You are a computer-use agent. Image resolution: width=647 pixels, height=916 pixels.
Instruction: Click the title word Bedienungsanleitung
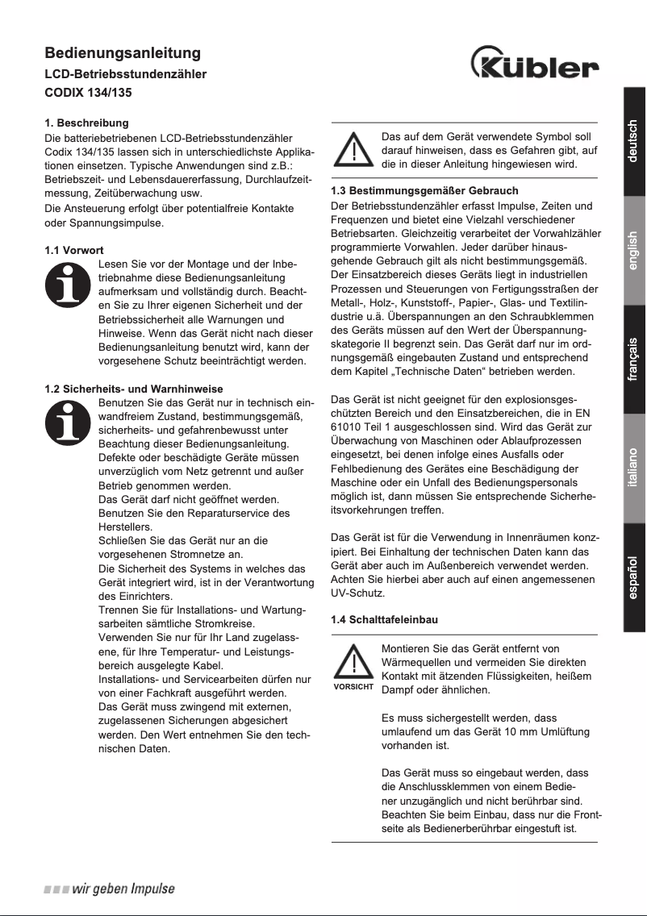(x=122, y=54)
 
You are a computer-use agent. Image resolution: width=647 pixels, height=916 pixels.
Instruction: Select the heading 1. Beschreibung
(x=86, y=123)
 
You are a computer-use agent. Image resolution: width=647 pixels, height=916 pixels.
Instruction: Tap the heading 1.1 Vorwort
(x=74, y=251)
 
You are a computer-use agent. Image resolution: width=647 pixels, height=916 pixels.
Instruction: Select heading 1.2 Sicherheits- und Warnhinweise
(x=133, y=389)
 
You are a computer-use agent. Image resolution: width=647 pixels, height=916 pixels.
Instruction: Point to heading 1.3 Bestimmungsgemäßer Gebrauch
(x=424, y=191)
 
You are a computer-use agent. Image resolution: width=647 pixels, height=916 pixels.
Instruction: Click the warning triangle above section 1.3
(x=353, y=150)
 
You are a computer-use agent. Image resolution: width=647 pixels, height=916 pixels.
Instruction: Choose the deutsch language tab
(x=633, y=141)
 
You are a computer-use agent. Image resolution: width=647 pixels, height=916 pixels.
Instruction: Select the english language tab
(x=633, y=251)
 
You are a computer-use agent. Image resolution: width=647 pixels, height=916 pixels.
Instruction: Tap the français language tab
(x=633, y=359)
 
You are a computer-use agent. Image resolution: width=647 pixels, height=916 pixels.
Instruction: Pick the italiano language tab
(x=633, y=468)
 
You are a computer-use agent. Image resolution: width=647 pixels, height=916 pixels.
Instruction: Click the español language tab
(x=633, y=577)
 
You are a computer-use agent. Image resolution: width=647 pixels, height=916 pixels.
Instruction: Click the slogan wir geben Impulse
(x=110, y=889)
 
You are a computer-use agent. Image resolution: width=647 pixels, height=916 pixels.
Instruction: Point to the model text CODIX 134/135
(x=88, y=93)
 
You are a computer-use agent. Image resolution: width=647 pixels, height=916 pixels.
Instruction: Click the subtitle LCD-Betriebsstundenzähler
(x=125, y=74)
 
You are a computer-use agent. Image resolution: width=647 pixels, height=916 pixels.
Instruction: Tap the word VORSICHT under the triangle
(x=353, y=687)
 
